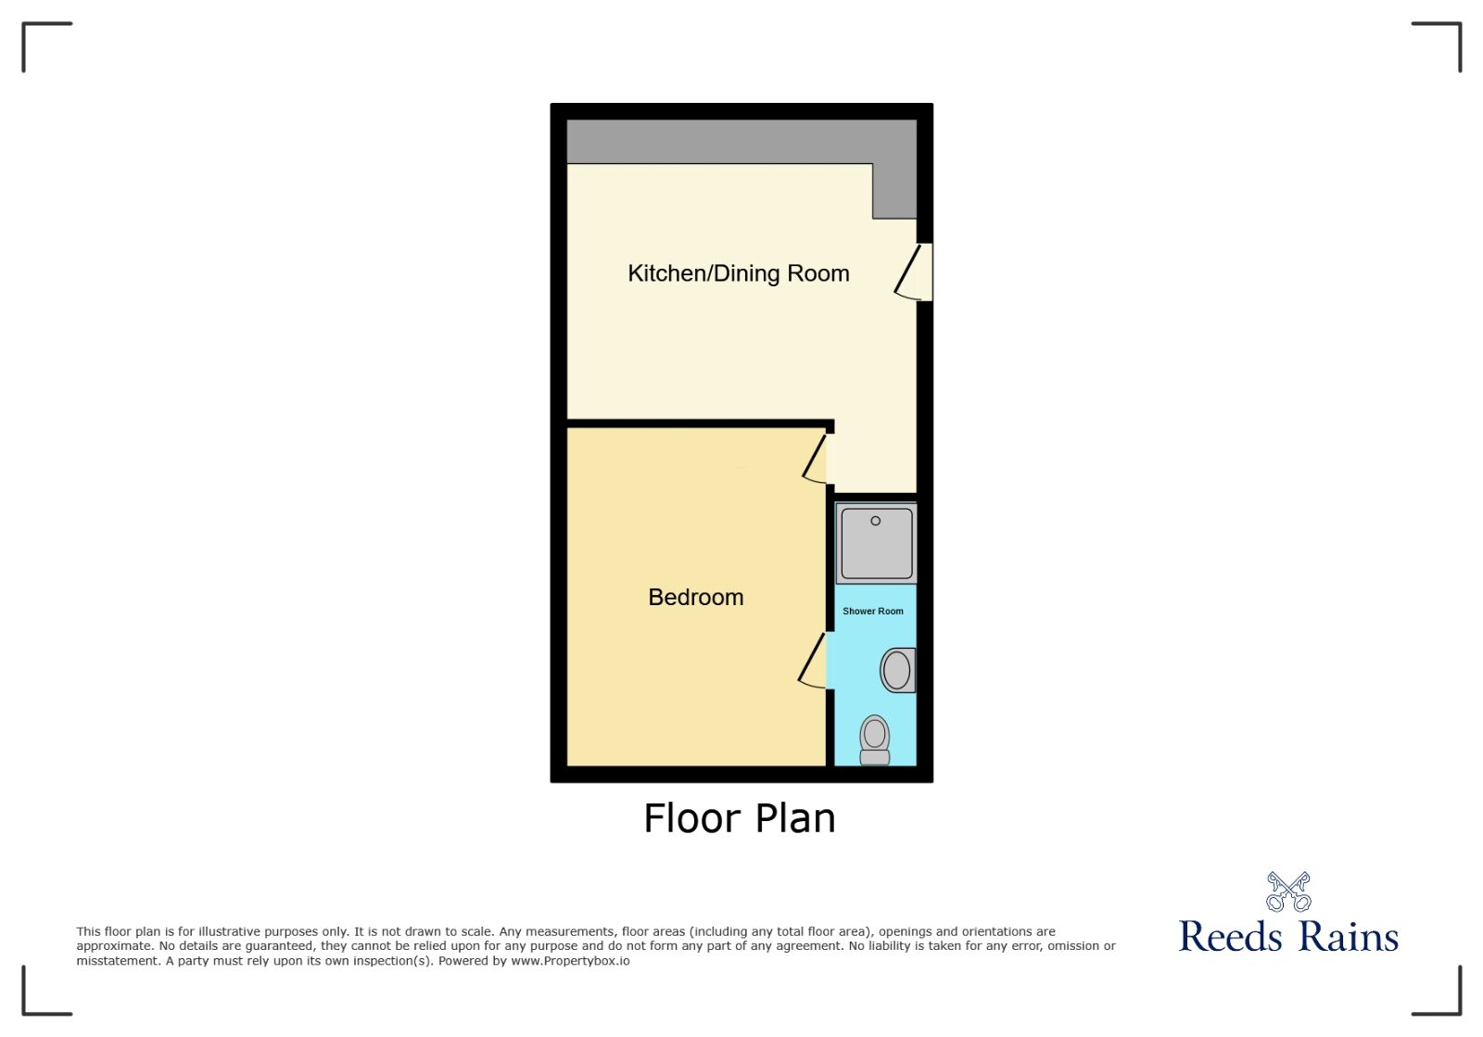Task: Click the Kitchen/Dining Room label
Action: [738, 273]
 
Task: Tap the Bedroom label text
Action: [695, 597]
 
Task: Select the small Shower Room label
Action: [872, 612]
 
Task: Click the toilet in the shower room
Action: [874, 740]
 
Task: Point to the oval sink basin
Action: [896, 670]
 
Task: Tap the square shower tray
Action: [875, 543]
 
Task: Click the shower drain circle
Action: [875, 521]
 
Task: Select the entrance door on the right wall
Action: [916, 272]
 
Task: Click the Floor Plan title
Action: [740, 818]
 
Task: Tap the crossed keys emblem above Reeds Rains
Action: [1288, 891]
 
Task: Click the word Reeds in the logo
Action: [1231, 936]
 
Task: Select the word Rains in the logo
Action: [1348, 936]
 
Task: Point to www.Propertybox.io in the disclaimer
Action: [570, 961]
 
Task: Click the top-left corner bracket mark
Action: [37, 37]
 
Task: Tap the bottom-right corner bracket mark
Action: [1446, 1000]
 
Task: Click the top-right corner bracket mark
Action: [1446, 37]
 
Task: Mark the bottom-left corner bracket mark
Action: [37, 1000]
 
